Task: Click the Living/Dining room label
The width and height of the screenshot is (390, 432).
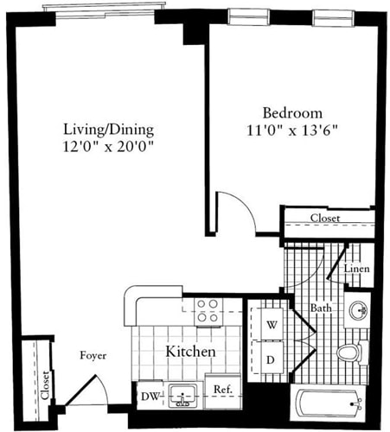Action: pyautogui.click(x=108, y=130)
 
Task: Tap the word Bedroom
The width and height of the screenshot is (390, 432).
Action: pyautogui.click(x=292, y=113)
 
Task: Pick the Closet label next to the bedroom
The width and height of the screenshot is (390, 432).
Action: pyautogui.click(x=324, y=219)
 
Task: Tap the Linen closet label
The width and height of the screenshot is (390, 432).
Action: pyautogui.click(x=357, y=270)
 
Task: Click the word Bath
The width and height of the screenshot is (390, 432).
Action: pyautogui.click(x=322, y=308)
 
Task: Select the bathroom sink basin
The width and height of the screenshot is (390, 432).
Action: pyautogui.click(x=358, y=310)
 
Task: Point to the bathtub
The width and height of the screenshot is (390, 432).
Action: pyautogui.click(x=328, y=402)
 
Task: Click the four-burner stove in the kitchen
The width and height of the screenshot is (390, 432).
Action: pyautogui.click(x=207, y=310)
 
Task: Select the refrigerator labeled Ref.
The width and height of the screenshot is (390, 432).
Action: pyautogui.click(x=221, y=390)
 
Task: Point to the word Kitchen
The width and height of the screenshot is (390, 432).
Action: pyautogui.click(x=189, y=353)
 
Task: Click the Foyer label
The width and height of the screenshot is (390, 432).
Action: pyautogui.click(x=93, y=355)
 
